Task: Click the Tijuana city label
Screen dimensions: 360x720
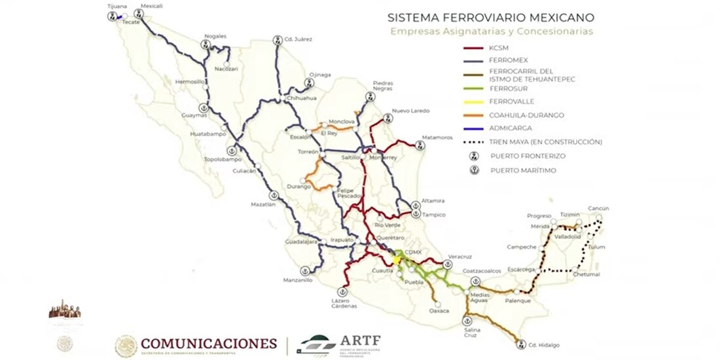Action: (x=116, y=6)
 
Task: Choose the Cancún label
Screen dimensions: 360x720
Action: (x=598, y=209)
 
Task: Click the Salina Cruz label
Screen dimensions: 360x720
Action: (x=469, y=332)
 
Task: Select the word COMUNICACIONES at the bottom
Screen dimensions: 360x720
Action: (x=209, y=344)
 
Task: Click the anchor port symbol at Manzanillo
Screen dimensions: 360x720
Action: (x=304, y=270)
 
